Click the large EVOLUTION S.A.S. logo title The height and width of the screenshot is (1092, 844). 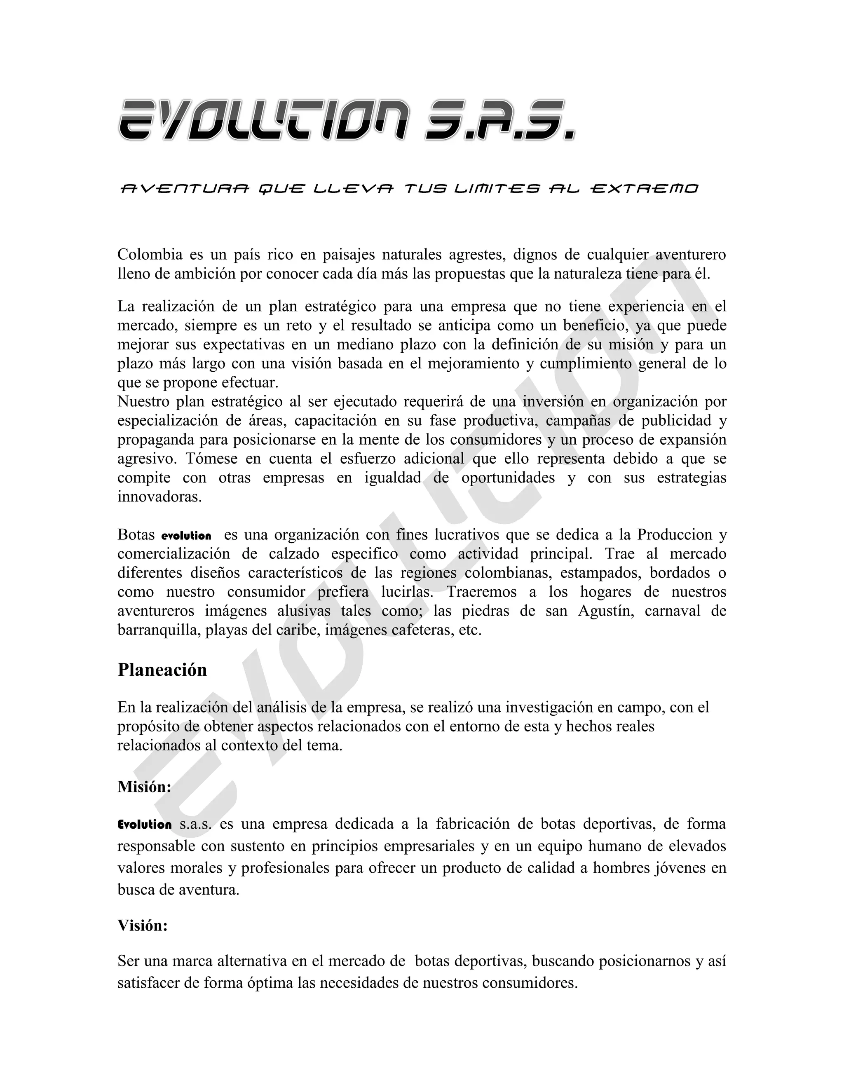(x=346, y=120)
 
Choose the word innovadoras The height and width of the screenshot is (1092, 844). (x=159, y=497)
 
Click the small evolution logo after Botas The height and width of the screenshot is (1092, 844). (x=186, y=536)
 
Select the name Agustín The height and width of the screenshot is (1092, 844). (x=605, y=611)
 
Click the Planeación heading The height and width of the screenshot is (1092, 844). (x=162, y=670)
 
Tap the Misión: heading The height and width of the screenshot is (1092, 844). (x=144, y=787)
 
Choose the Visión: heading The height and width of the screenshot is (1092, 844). (x=143, y=926)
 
